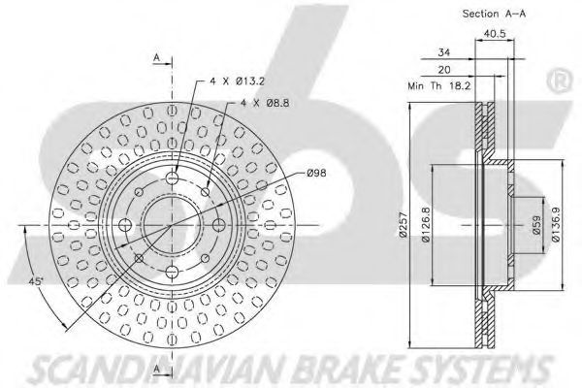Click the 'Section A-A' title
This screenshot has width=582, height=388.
(494, 14)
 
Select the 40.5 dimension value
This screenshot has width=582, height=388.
(495, 34)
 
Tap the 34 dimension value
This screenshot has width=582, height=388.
(443, 52)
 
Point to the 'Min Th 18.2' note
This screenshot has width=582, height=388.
(439, 86)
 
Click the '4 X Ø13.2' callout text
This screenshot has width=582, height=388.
(238, 81)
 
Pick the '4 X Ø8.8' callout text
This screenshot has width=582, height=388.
(265, 103)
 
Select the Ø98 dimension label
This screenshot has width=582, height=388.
(316, 173)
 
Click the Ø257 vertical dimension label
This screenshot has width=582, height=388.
(404, 225)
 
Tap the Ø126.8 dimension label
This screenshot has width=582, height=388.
(426, 225)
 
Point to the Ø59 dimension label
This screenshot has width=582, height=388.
(535, 225)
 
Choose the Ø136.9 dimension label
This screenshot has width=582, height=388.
(556, 225)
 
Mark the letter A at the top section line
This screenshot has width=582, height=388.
(157, 57)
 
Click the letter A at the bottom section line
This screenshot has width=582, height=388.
(157, 369)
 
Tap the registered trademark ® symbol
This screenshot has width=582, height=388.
(560, 81)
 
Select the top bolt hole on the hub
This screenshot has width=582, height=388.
(172, 178)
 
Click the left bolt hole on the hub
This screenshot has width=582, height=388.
(125, 225)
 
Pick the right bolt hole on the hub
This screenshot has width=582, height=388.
(218, 225)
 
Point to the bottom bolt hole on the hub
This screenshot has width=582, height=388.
(172, 273)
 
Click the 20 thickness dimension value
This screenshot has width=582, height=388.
(444, 70)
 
